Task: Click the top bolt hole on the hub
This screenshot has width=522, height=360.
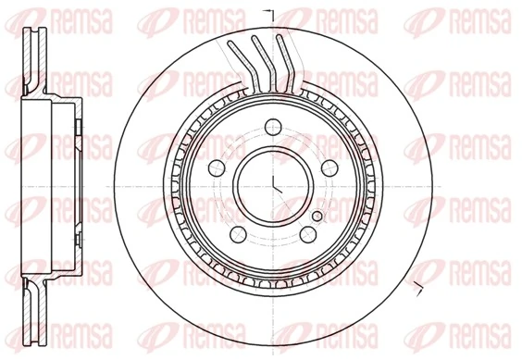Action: click(272, 128)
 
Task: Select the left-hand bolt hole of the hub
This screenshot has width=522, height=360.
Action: click(216, 168)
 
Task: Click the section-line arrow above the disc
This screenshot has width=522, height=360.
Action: click(269, 11)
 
